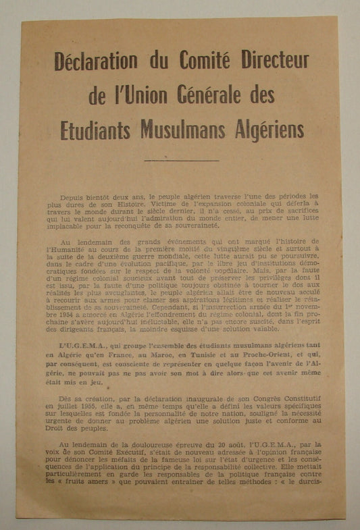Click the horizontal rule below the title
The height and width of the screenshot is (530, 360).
pyautogui.click(x=181, y=161)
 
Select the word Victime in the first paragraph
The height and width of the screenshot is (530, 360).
pyautogui.click(x=149, y=203)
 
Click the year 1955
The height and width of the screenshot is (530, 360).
pyautogui.click(x=89, y=407)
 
